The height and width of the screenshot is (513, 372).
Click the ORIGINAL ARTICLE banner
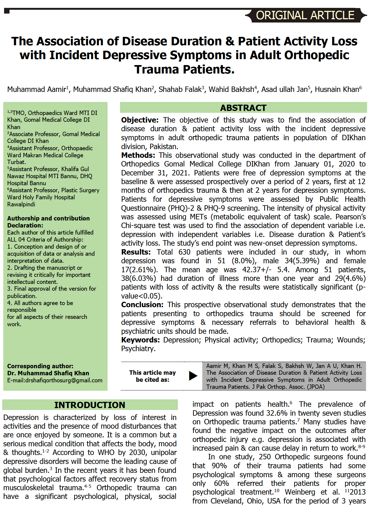click(x=305, y=15)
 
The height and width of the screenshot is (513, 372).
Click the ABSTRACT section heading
click(x=243, y=108)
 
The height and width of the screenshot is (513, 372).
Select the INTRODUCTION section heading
click(x=90, y=405)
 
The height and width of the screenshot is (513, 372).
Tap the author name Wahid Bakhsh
click(x=231, y=89)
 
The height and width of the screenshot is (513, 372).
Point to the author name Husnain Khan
click(x=337, y=89)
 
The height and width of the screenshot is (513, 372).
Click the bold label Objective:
click(x=140, y=120)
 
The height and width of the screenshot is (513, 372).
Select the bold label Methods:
click(x=138, y=155)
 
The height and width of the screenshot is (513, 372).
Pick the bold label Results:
click(x=136, y=252)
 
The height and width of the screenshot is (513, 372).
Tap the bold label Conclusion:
click(x=142, y=305)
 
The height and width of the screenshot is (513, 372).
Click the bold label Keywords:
click(x=140, y=340)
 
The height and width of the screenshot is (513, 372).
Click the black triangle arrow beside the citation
click(x=193, y=376)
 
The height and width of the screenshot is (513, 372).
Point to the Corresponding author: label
click(x=40, y=366)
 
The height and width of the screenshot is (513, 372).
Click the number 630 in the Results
click(x=184, y=252)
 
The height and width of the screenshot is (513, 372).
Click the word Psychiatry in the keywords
click(x=138, y=349)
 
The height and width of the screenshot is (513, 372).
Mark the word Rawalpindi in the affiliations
click(x=21, y=204)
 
